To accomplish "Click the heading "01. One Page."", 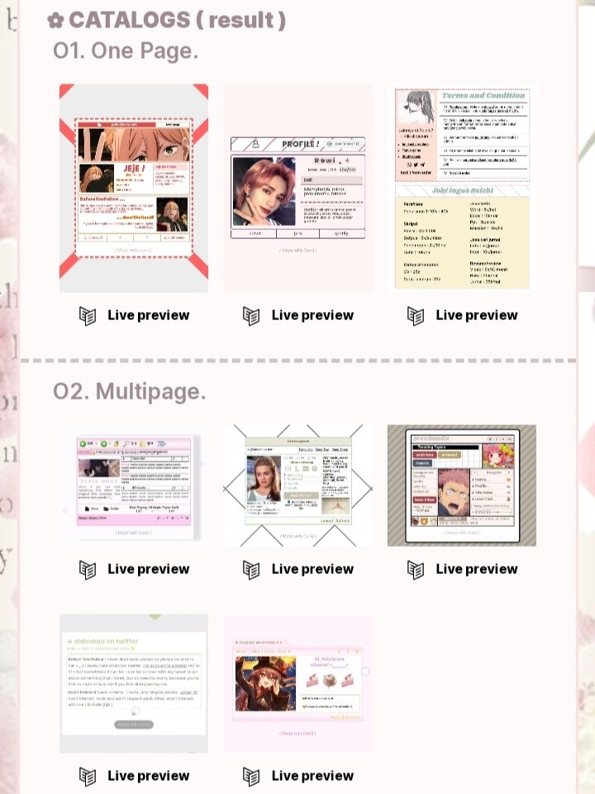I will pos(126,50).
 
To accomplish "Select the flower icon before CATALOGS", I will pos(55,21).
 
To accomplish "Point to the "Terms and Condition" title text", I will pos(483,95).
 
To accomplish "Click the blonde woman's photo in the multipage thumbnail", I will pos(265,480).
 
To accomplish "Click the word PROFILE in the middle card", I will pos(300,144).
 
